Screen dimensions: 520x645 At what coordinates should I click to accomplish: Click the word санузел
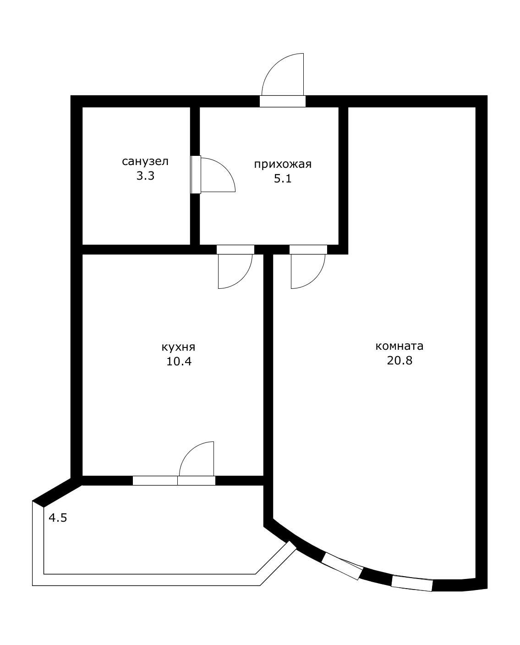click(x=145, y=161)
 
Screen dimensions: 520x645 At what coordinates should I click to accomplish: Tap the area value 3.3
click(x=145, y=176)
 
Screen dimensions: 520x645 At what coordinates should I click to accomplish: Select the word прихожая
click(x=283, y=165)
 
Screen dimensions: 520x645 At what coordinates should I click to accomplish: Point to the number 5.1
click(x=283, y=179)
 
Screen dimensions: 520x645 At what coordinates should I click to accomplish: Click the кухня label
click(x=179, y=347)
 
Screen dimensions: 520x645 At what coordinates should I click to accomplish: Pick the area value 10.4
click(x=179, y=361)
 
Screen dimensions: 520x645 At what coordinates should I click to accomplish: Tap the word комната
click(x=400, y=346)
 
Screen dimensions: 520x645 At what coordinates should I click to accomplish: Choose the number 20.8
click(x=400, y=360)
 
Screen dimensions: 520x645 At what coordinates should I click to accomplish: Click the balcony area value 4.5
click(x=58, y=518)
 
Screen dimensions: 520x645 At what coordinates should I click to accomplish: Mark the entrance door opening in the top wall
click(x=283, y=101)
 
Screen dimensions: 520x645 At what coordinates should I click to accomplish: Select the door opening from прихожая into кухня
click(x=235, y=250)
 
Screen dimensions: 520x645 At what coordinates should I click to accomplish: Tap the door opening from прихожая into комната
click(x=308, y=250)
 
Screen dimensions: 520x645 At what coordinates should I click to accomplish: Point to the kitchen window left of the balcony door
click(x=155, y=480)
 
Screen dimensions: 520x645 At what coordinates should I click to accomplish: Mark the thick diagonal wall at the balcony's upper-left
click(x=57, y=493)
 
